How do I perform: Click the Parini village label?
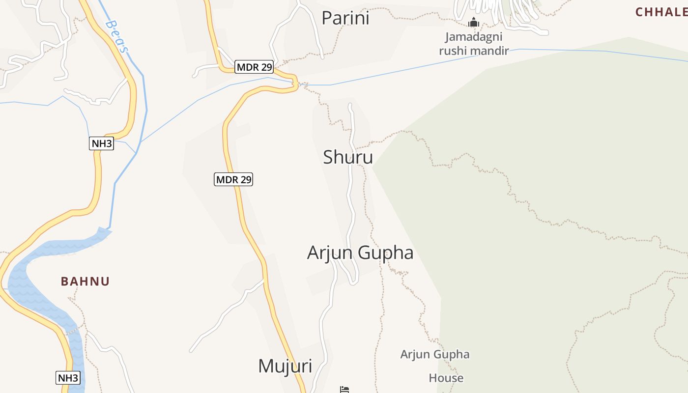(345, 18)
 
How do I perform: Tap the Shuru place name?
(348, 157)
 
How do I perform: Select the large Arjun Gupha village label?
(360, 253)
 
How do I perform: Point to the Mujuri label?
(285, 366)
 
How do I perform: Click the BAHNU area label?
(85, 281)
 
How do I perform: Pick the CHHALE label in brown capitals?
(661, 12)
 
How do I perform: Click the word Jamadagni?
(473, 37)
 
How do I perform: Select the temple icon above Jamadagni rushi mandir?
(474, 23)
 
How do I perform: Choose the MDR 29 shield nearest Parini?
(254, 67)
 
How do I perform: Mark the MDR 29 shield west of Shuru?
(234, 179)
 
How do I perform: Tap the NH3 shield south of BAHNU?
(68, 378)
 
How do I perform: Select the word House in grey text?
(446, 378)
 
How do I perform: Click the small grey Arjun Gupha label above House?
(434, 355)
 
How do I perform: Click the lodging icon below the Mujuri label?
(344, 390)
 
